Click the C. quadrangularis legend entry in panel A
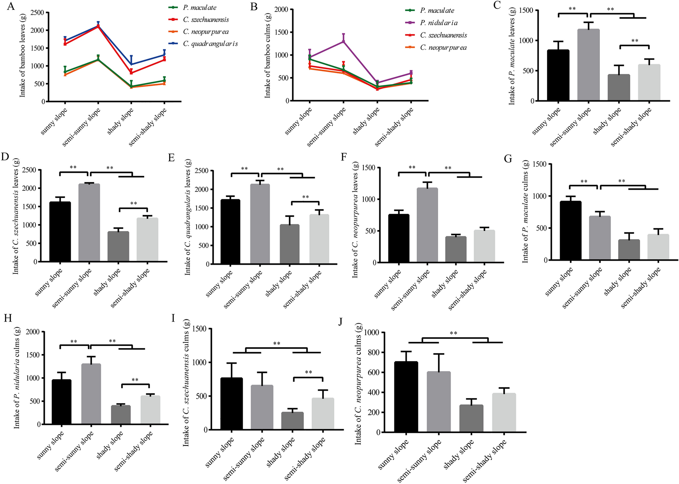(x=210, y=44)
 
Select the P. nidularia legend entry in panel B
(x=439, y=23)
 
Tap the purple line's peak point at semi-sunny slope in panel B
(x=343, y=41)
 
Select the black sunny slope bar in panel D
(x=60, y=232)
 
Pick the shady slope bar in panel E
(x=290, y=244)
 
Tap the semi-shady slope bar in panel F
(x=484, y=246)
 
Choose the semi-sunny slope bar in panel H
(x=90, y=394)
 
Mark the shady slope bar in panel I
(x=293, y=421)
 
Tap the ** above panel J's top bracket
(x=453, y=333)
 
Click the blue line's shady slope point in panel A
(x=131, y=64)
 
